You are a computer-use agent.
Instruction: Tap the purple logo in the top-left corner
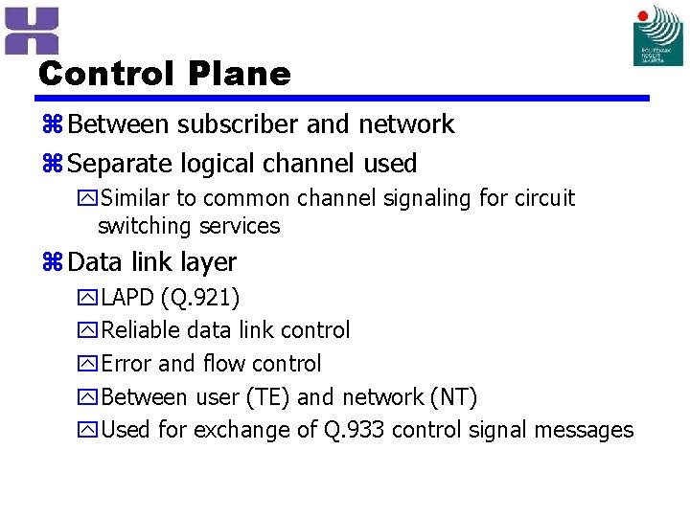point(31,30)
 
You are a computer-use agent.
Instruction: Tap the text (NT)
point(452,397)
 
